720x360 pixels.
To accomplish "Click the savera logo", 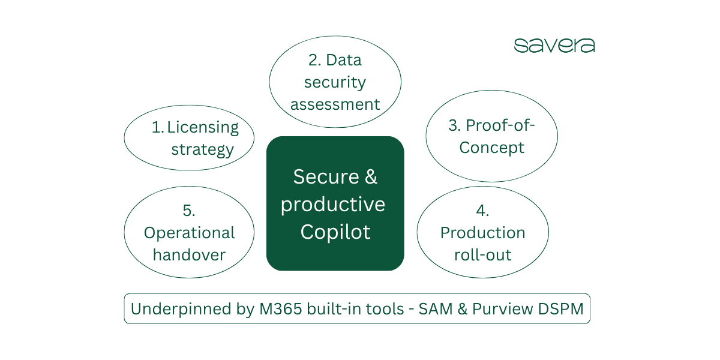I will click(554, 46).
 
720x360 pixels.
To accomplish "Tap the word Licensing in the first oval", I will click(203, 127).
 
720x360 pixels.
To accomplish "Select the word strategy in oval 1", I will click(202, 149).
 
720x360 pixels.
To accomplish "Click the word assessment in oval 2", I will click(335, 104).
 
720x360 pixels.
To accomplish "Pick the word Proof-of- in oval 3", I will click(500, 125).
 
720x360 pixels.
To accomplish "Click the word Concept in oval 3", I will click(492, 148).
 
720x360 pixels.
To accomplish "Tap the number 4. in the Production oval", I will click(482, 211).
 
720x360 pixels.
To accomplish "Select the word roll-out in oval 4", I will click(482, 254).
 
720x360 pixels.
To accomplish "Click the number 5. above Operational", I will click(189, 211).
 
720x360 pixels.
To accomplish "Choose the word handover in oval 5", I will click(189, 254).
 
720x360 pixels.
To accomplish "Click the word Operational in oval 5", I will click(189, 233).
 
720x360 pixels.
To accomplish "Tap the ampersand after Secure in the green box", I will click(371, 177).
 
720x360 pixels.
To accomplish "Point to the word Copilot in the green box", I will click(335, 232).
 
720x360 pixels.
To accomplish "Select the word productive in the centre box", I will click(333, 205).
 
